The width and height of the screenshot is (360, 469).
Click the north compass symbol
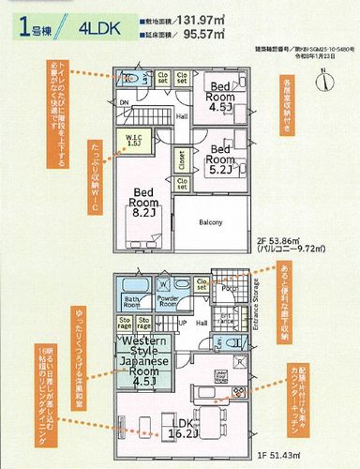[x=322, y=82]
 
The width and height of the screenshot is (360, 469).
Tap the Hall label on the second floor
[x=182, y=115]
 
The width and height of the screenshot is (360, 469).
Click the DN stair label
[x=124, y=104]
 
